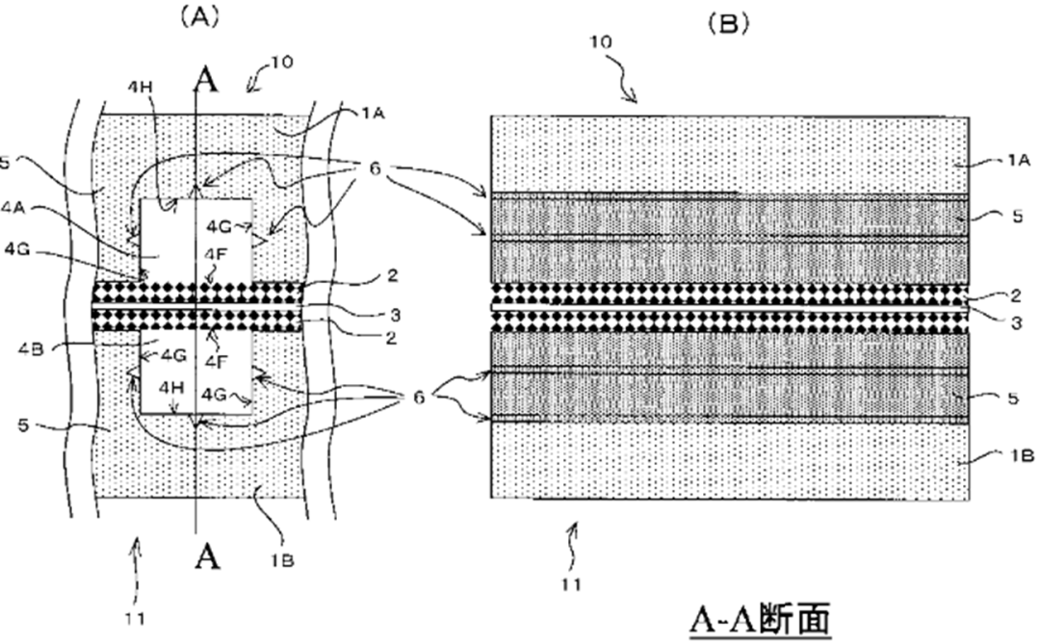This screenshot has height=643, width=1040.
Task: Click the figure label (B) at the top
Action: (x=728, y=24)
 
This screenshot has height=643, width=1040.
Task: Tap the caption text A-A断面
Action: (x=760, y=621)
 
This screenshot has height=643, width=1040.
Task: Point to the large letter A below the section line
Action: (x=207, y=555)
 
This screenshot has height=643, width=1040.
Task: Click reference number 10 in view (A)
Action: (x=281, y=63)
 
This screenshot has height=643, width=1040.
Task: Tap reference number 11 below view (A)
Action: (x=135, y=619)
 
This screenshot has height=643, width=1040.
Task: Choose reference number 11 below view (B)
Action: (x=571, y=584)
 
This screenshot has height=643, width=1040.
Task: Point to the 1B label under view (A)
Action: (x=282, y=560)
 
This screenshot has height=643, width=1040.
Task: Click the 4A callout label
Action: (x=13, y=208)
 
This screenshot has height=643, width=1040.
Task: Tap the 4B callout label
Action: (x=31, y=348)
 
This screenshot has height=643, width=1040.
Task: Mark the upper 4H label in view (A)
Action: (x=140, y=87)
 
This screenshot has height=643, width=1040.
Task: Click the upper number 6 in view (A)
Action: (x=375, y=169)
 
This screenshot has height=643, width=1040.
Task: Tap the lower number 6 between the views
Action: (x=419, y=398)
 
